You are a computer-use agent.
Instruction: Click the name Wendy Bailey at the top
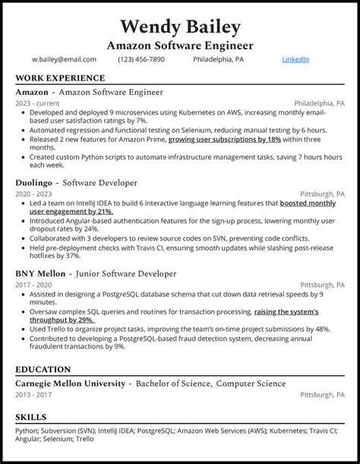click(180, 27)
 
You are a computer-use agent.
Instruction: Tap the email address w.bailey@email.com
click(64, 59)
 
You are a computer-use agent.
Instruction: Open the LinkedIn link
click(295, 59)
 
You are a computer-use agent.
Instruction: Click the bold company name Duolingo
click(35, 183)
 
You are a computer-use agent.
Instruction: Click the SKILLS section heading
click(30, 417)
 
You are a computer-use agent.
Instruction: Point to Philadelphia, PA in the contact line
click(218, 59)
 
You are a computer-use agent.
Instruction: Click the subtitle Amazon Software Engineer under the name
click(180, 46)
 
